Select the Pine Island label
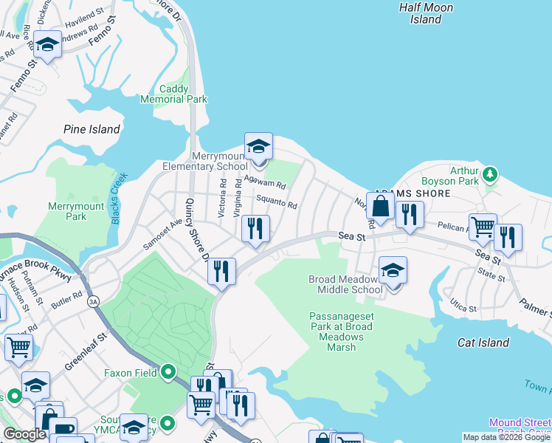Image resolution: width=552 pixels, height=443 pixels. click(x=92, y=129)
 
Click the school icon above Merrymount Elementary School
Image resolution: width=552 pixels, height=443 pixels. click(x=258, y=146)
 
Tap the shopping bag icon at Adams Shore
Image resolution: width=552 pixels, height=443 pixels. click(x=380, y=207)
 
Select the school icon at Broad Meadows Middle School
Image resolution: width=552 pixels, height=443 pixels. click(x=393, y=269)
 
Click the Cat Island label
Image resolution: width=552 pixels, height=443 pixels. click(x=483, y=343)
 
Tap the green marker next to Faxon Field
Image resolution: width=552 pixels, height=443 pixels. click(x=169, y=372)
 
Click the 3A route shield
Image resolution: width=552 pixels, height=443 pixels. click(x=93, y=301)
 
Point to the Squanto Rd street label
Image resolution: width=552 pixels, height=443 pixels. click(x=276, y=202)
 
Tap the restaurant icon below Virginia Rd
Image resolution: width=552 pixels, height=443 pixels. click(x=255, y=228)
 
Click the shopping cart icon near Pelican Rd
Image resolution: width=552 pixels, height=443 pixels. click(x=483, y=227)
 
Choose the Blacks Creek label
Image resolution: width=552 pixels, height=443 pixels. click(x=116, y=197)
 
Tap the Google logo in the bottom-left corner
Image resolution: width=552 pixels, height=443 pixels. click(x=24, y=434)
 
